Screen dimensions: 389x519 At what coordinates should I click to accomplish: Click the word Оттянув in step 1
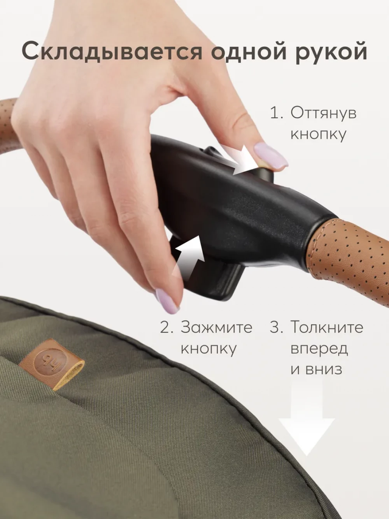(323, 113)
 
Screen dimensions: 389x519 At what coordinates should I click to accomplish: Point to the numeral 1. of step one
(277, 113)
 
